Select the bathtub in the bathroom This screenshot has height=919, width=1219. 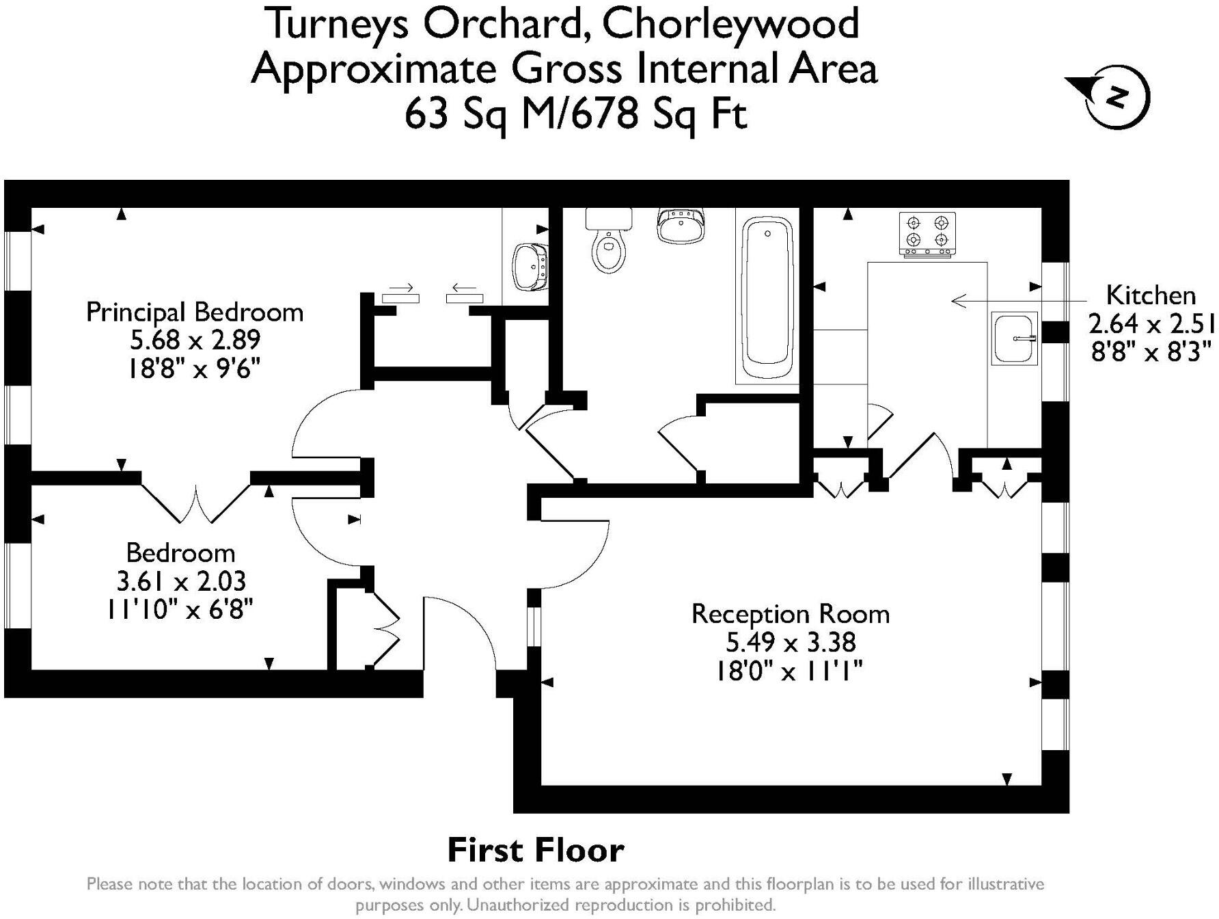768,297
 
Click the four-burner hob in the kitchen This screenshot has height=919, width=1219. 927,234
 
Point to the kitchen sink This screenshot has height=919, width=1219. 1015,338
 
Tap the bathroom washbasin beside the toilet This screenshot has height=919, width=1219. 681,225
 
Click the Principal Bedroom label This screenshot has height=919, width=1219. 195,312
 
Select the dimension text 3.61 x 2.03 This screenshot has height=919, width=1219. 181,581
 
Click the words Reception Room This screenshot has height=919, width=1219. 791,614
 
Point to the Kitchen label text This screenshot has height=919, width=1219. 1151,295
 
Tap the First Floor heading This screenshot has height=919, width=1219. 535,850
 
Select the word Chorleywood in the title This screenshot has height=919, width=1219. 730,23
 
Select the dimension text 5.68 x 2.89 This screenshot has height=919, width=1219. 195,341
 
